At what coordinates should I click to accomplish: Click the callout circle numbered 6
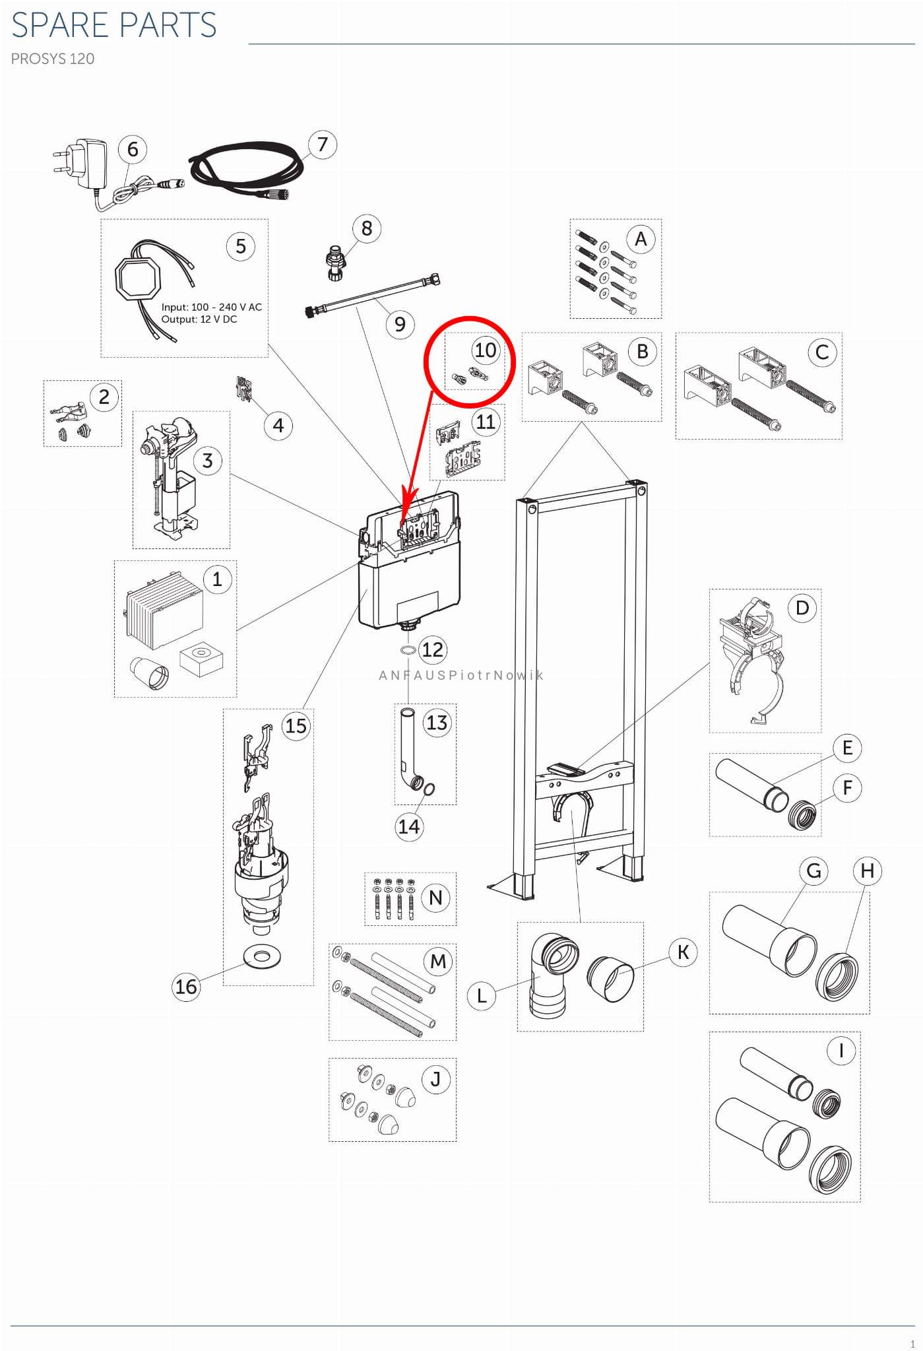133,149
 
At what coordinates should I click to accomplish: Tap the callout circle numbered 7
322,145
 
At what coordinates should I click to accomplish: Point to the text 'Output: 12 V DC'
199,319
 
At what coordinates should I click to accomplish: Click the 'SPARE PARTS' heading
113,25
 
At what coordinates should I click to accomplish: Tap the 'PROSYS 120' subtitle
53,59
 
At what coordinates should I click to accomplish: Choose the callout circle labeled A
640,239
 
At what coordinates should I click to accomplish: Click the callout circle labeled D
802,607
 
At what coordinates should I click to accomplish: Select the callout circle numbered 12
432,649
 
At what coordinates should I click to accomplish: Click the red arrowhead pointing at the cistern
408,502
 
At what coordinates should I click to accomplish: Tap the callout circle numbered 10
486,350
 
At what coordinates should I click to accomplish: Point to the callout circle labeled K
683,952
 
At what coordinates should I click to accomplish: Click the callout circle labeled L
482,995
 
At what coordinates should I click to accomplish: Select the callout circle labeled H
867,871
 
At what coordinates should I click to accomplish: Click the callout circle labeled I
841,1050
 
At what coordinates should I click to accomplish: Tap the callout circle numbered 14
409,826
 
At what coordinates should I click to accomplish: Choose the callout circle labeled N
435,898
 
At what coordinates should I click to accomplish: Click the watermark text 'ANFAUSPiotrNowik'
461,675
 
